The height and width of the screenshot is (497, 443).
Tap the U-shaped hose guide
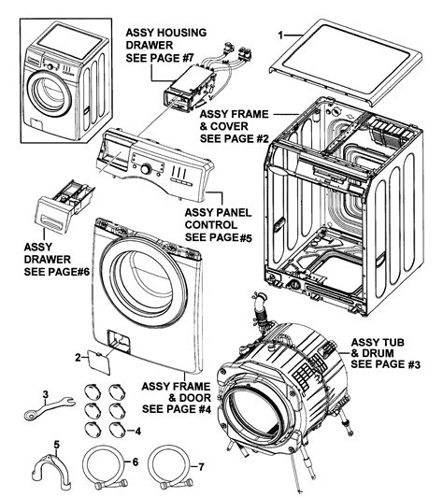pos(53,468)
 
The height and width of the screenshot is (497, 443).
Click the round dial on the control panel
pos(146,170)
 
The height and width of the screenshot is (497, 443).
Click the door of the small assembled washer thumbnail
pos(45,92)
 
